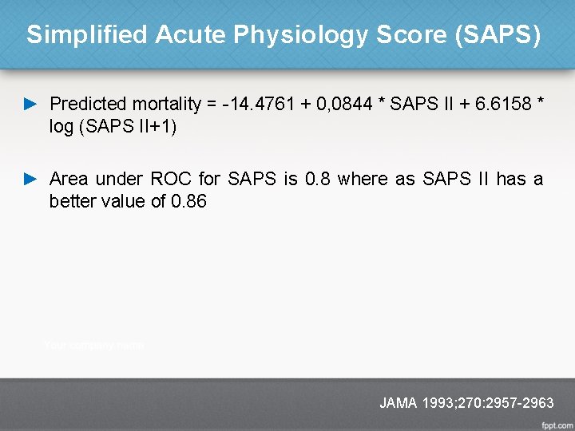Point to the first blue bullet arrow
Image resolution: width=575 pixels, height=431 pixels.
pos(31,104)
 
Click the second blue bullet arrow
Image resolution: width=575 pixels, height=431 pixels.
pos(31,179)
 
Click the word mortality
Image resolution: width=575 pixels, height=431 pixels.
pos(166,104)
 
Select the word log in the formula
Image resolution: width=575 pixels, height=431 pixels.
pos(61,126)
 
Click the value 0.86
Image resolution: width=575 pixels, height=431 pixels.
pos(189,201)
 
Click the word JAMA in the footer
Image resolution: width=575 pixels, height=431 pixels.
pos(398,403)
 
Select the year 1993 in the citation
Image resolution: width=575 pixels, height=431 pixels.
pos(437,403)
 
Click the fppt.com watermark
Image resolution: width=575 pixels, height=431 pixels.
pos(557,423)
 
